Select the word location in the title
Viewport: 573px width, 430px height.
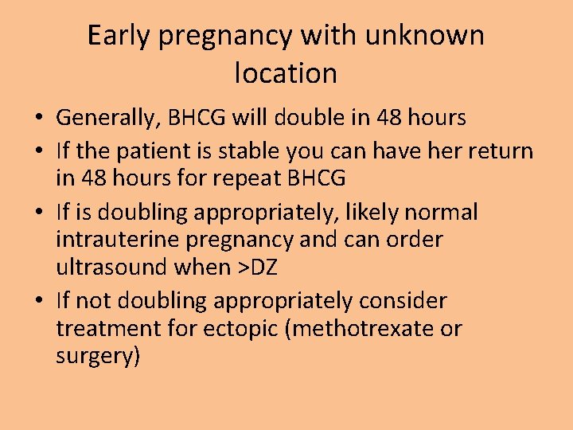coord(286,73)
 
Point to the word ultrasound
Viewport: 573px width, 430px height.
coord(111,267)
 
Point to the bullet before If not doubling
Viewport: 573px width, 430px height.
coord(38,302)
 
